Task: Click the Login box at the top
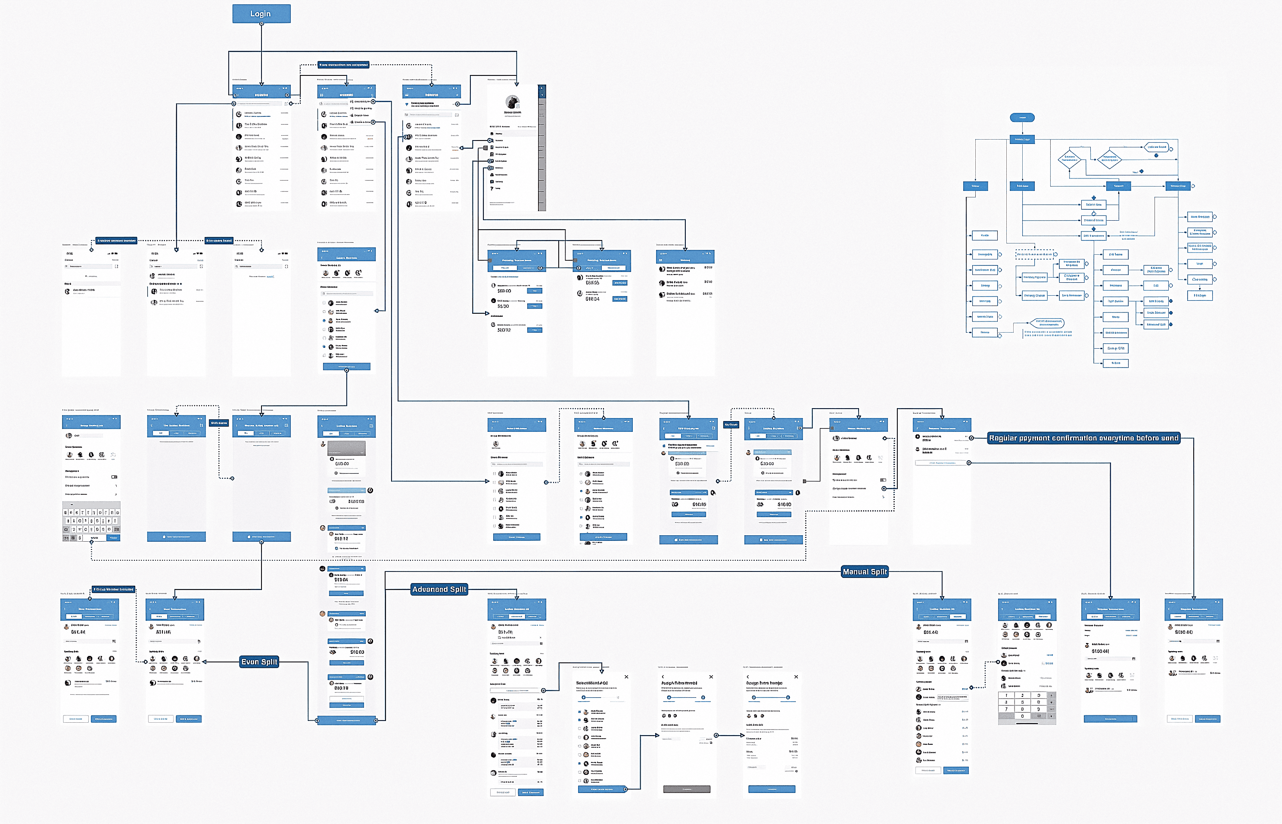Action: pyautogui.click(x=261, y=14)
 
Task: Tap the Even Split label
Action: pyautogui.click(x=259, y=662)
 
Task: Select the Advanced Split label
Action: pyautogui.click(x=439, y=589)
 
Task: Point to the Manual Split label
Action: pyautogui.click(x=864, y=572)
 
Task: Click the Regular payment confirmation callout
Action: pyautogui.click(x=1083, y=438)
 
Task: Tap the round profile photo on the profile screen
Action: pyautogui.click(x=512, y=102)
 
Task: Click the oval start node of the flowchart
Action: pyautogui.click(x=1022, y=118)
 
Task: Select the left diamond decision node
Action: pyautogui.click(x=1069, y=159)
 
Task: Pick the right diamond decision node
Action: pyautogui.click(x=1109, y=159)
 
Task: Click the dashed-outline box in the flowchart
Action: pyautogui.click(x=1034, y=254)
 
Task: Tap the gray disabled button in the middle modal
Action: pyautogui.click(x=687, y=789)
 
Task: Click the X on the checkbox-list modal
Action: pyautogui.click(x=626, y=677)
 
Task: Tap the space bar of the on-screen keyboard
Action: pyautogui.click(x=94, y=538)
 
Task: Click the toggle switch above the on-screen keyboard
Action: pyautogui.click(x=114, y=477)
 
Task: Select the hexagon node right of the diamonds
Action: pyautogui.click(x=1156, y=147)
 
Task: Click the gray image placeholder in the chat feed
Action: pyautogui.click(x=347, y=448)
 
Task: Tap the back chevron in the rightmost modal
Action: pyautogui.click(x=748, y=677)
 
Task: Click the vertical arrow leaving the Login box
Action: pyautogui.click(x=261, y=53)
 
